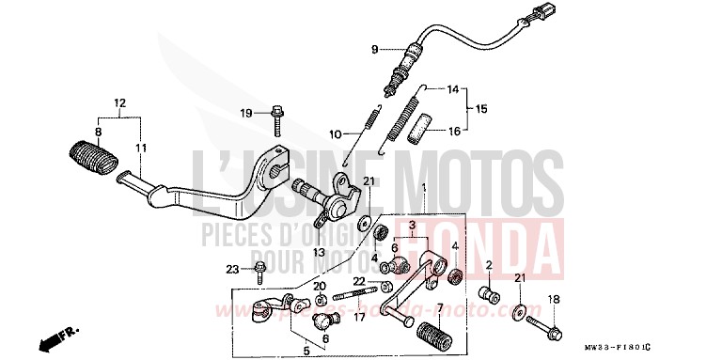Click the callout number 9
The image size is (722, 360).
[x=373, y=49]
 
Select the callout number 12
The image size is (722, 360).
[x=119, y=102]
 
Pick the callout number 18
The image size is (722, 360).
[x=553, y=300]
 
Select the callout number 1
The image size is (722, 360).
[x=424, y=188]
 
